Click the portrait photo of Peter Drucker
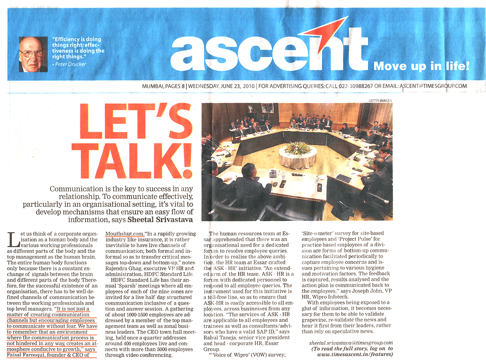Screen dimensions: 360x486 33,54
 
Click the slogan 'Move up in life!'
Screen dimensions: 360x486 421,67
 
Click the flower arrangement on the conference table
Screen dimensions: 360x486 298,148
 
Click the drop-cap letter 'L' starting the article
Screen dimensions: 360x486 13,241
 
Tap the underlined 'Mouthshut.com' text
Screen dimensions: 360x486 125,234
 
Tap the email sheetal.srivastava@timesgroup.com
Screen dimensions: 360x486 350,342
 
